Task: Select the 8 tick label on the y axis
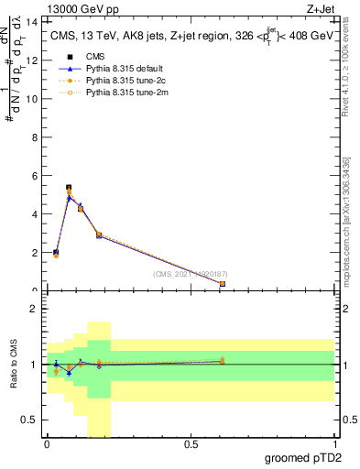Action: point(36,136)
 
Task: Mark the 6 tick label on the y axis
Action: point(36,175)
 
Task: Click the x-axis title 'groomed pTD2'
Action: point(302,457)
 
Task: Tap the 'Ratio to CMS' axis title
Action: point(14,365)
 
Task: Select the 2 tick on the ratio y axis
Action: point(36,309)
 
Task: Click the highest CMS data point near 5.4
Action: point(69,188)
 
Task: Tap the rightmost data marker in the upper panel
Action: point(223,284)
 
